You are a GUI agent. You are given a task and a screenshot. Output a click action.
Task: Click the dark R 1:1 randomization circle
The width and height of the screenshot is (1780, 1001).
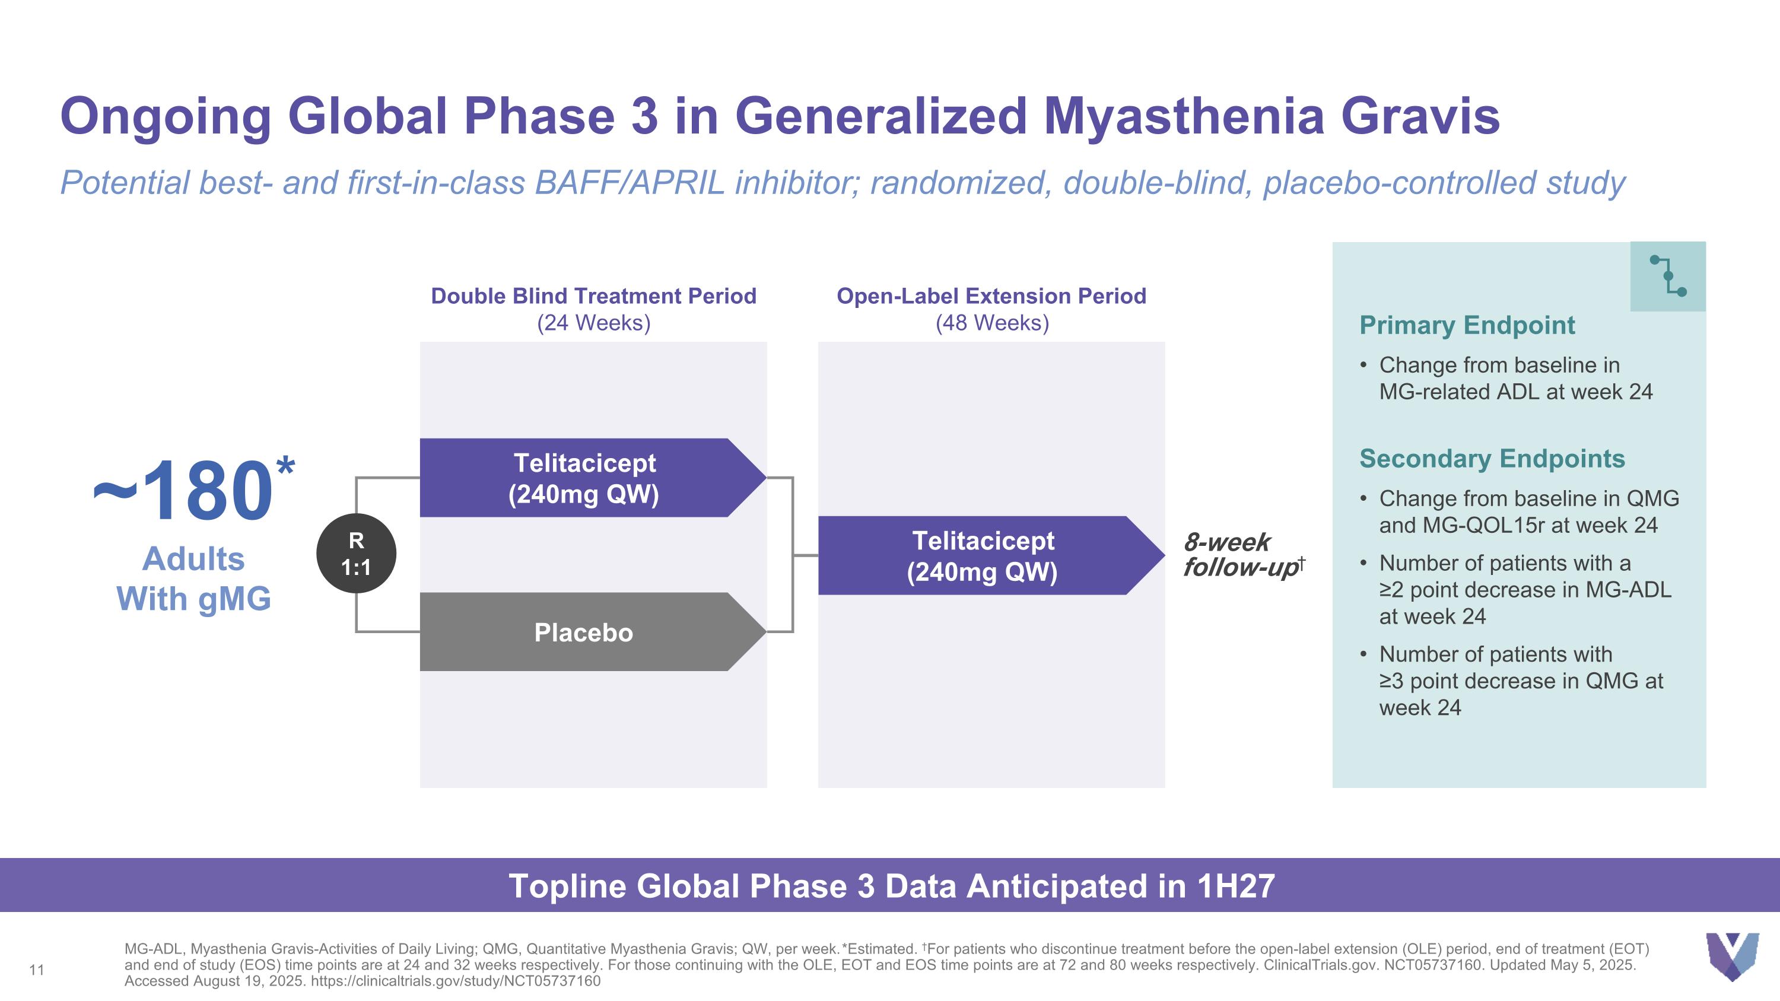click(356, 554)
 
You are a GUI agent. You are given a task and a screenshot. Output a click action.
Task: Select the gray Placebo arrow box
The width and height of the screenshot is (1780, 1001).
click(584, 632)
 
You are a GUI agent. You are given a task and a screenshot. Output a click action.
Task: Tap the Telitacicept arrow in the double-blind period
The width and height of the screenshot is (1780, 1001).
click(584, 478)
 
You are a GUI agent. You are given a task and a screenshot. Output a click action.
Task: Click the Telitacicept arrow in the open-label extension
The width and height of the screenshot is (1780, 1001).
click(983, 555)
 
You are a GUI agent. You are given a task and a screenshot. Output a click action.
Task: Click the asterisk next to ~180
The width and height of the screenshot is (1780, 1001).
click(285, 467)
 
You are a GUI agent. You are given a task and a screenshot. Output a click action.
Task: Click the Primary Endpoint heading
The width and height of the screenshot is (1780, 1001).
click(1466, 325)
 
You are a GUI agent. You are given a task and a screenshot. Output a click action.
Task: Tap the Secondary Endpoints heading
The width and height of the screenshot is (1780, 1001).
click(1491, 459)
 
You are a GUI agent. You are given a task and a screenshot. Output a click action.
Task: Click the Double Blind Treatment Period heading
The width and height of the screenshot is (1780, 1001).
click(593, 296)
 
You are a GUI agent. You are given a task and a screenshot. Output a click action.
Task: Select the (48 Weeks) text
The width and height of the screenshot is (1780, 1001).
click(991, 323)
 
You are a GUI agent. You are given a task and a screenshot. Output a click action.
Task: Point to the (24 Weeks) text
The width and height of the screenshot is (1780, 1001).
click(593, 323)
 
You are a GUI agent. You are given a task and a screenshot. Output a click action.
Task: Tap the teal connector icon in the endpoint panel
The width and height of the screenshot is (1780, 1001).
click(1667, 277)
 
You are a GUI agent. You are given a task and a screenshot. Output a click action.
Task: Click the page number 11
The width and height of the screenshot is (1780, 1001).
click(37, 970)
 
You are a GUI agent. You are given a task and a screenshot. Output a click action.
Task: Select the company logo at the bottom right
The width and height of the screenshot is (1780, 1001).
click(1731, 956)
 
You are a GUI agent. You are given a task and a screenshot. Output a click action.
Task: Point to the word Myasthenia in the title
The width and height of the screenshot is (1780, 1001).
click(1183, 116)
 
